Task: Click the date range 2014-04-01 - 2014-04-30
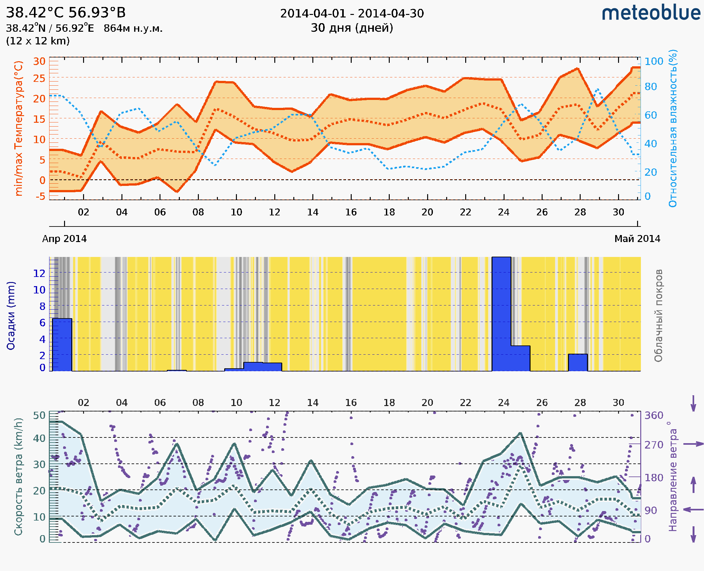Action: click(x=352, y=14)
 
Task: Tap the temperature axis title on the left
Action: click(x=19, y=128)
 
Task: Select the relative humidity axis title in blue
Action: click(x=673, y=128)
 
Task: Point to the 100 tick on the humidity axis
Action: click(x=654, y=62)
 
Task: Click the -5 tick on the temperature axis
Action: click(x=41, y=197)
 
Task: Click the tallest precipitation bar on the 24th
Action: click(x=501, y=314)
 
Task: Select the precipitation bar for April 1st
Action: click(x=62, y=345)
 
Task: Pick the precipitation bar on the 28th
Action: click(x=578, y=363)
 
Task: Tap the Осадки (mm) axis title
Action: click(x=11, y=316)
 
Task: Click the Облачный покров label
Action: click(x=658, y=316)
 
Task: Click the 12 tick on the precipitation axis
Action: click(x=39, y=273)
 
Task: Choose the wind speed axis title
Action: click(x=18, y=476)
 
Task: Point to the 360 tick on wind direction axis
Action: click(x=654, y=416)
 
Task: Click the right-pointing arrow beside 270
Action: click(x=693, y=444)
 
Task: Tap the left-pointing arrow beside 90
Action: click(x=693, y=510)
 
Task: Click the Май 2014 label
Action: click(x=637, y=239)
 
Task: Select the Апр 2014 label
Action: click(x=64, y=239)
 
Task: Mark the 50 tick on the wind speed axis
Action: click(x=39, y=416)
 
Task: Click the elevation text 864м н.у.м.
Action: click(x=133, y=29)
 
